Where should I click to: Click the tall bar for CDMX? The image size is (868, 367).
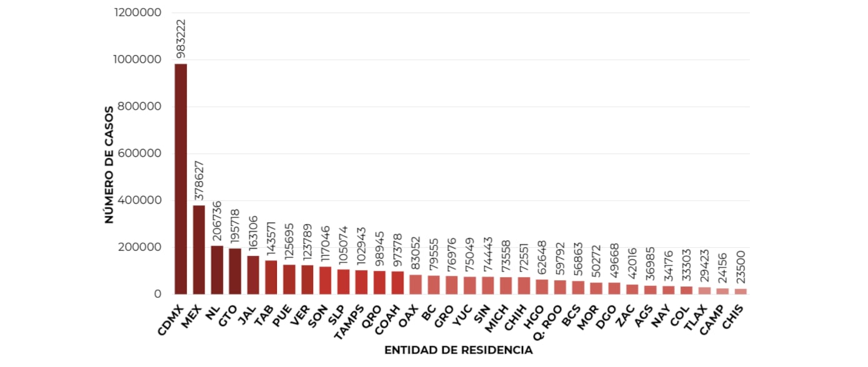181,179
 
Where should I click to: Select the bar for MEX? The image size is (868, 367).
199,250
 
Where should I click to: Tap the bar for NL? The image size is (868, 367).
217,270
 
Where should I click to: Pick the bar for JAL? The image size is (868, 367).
253,275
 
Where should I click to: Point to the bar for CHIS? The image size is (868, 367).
740,291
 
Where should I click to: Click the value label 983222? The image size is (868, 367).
181,39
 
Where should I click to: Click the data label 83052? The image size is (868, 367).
416,250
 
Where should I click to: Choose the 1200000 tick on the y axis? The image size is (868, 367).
139,12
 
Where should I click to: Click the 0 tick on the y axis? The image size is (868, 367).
157,294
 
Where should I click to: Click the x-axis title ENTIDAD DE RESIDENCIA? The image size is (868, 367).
458,350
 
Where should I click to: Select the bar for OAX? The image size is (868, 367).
416,284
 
